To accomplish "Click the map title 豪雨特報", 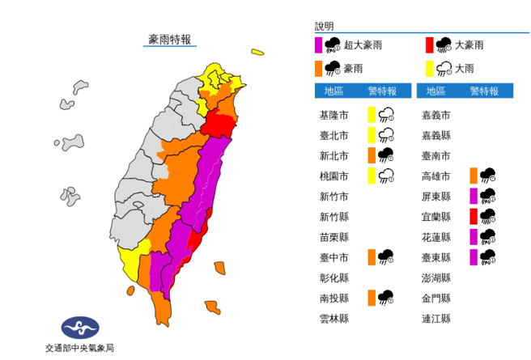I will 169,39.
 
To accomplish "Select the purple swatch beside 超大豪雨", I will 319,45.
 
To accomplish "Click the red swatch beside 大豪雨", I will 430,45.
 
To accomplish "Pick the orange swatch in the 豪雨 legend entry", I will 319,67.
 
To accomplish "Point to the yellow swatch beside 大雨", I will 430,67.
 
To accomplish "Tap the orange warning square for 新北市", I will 372,155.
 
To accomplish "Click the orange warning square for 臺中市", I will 372,257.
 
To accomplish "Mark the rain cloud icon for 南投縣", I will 386,298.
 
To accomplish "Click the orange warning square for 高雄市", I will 474,176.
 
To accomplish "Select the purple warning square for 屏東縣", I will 474,196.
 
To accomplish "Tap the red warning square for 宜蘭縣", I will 474,216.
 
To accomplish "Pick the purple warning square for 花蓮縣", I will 474,237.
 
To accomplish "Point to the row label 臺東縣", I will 437,257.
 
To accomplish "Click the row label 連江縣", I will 437,319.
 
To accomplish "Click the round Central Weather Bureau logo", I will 80,328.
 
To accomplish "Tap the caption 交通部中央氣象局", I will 80,348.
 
